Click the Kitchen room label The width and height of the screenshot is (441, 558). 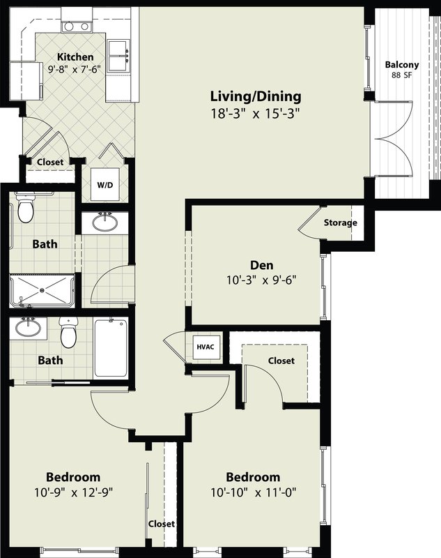75,56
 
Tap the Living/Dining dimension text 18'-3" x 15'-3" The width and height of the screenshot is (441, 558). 256,114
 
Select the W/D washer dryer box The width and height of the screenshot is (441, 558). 105,184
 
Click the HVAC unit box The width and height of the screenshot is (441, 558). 206,346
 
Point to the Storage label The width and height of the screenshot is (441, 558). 340,223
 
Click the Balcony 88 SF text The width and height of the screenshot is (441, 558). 402,69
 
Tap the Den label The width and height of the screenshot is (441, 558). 262,265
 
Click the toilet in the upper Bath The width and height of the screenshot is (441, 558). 26,207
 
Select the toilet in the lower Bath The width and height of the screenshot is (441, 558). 68,332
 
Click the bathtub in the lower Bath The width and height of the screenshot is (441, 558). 111,347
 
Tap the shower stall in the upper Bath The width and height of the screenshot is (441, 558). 42,290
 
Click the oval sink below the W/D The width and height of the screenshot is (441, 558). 105,223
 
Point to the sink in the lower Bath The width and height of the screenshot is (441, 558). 28,328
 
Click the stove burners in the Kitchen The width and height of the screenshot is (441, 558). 77,27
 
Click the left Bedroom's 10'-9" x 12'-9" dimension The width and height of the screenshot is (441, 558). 74,492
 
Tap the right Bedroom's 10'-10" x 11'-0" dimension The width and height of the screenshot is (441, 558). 254,492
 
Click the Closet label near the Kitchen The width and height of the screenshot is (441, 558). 50,162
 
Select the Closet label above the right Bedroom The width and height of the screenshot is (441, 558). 281,361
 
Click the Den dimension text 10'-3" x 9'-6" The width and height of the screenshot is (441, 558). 261,280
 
